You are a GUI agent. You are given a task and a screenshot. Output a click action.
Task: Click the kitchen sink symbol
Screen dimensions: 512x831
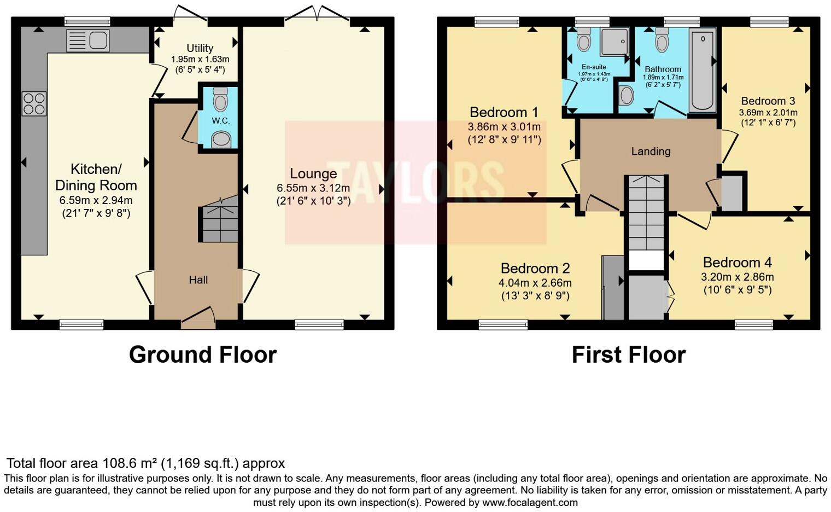(x=88, y=41)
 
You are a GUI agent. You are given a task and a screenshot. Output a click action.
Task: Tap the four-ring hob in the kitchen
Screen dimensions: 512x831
(x=34, y=104)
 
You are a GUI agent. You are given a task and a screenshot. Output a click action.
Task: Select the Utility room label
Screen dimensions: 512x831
(x=200, y=48)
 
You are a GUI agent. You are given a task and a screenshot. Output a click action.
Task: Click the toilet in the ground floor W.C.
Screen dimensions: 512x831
(x=221, y=100)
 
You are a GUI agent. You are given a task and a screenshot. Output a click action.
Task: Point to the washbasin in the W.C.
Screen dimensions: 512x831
(x=221, y=140)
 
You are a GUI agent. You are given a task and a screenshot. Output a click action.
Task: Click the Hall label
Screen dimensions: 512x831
(x=198, y=280)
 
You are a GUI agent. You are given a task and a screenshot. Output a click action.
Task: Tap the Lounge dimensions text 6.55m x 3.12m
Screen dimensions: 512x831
(x=313, y=188)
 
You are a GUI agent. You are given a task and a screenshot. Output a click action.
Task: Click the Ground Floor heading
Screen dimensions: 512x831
(x=202, y=354)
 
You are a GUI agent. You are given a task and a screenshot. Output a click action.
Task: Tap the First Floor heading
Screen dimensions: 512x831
(x=628, y=354)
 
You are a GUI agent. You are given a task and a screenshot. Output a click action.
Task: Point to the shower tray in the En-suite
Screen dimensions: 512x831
(x=615, y=42)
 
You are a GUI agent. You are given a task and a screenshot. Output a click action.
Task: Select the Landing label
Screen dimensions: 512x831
(x=651, y=152)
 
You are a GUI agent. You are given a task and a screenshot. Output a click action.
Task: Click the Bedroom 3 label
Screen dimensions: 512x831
(x=768, y=101)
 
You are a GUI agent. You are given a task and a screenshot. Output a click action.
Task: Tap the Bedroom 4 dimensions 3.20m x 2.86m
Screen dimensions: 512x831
(x=737, y=277)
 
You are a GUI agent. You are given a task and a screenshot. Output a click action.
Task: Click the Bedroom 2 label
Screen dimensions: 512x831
(x=535, y=268)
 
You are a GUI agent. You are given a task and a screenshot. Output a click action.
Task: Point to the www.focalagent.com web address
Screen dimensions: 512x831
(x=530, y=502)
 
